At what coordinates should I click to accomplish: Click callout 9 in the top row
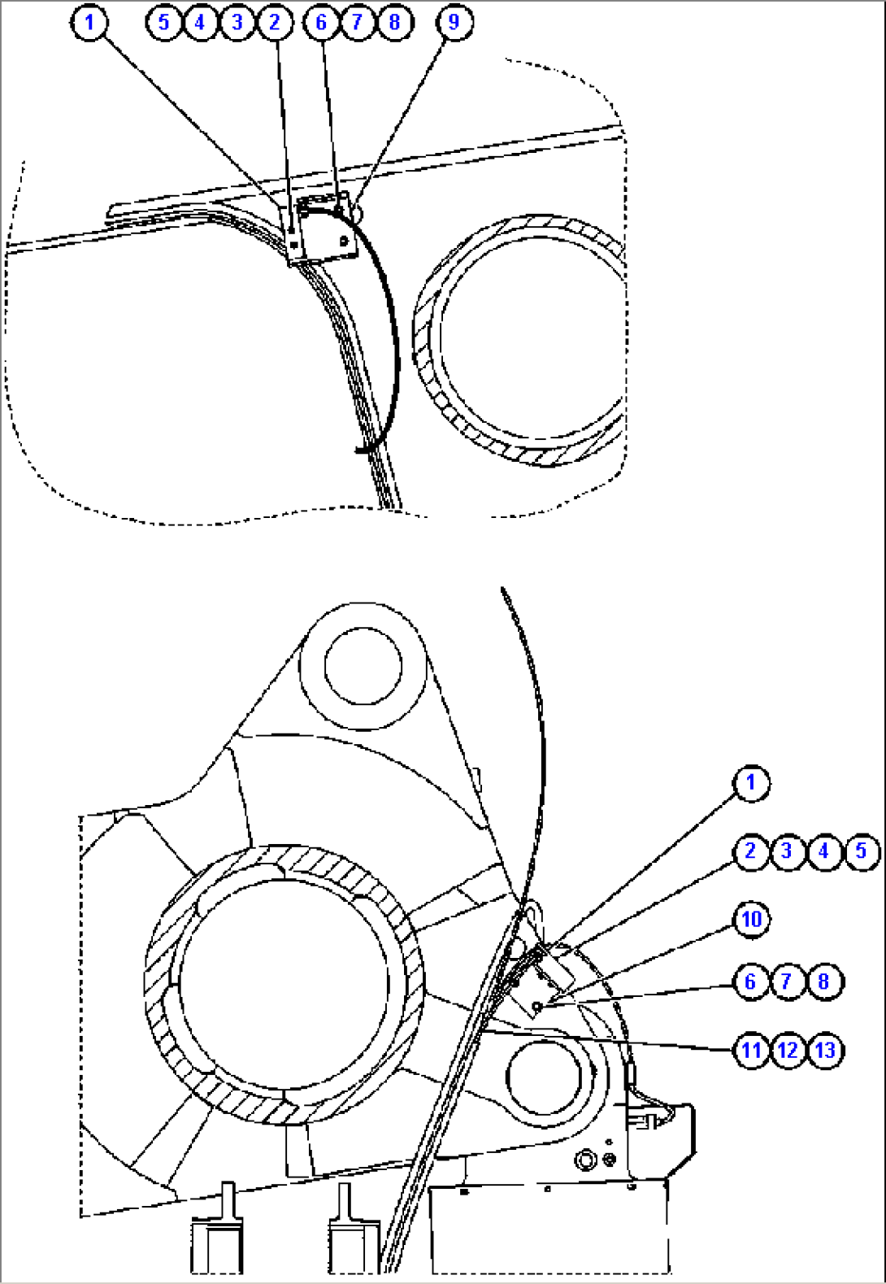(x=454, y=22)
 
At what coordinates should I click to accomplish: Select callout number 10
(x=751, y=920)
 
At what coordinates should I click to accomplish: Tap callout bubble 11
(x=750, y=1050)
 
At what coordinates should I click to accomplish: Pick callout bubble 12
(x=788, y=1050)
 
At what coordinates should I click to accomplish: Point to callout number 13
(x=825, y=1050)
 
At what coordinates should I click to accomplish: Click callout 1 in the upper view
(x=89, y=22)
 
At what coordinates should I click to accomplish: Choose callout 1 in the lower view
(x=750, y=783)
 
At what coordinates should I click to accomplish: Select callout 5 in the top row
(x=164, y=22)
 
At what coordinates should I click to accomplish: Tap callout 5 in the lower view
(x=862, y=851)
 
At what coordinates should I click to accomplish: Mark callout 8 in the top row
(x=394, y=22)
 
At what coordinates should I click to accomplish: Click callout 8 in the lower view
(x=824, y=981)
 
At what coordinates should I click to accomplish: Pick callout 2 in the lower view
(x=750, y=851)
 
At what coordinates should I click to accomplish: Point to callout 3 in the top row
(x=237, y=22)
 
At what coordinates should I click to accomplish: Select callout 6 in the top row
(x=321, y=22)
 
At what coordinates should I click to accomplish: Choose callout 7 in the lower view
(x=787, y=981)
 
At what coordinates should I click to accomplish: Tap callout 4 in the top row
(x=200, y=22)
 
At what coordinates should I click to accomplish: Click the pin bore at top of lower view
(x=363, y=665)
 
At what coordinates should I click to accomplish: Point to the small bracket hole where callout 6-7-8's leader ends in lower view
(x=537, y=1007)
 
